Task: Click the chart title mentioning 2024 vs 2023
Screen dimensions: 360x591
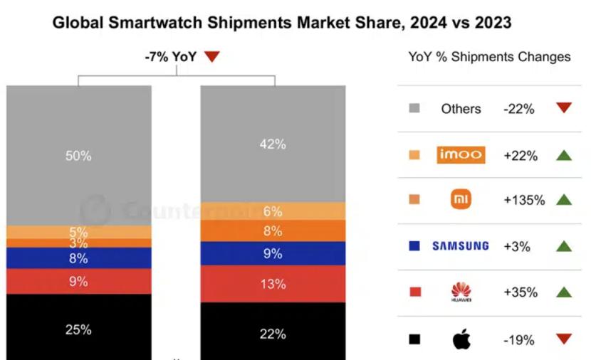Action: (x=282, y=23)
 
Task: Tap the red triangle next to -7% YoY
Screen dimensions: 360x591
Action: (x=211, y=57)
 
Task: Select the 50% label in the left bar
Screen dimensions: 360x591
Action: (x=78, y=156)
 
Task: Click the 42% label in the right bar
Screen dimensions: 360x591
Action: (x=273, y=144)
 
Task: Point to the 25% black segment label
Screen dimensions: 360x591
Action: (x=78, y=329)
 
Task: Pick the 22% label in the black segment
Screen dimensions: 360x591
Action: (x=273, y=334)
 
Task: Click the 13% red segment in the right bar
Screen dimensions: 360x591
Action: (x=273, y=284)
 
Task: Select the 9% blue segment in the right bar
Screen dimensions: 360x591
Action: (x=273, y=253)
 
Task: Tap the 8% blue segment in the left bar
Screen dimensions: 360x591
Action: (x=78, y=258)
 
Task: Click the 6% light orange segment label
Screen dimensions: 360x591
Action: (x=273, y=211)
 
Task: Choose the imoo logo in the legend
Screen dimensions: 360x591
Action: (x=461, y=154)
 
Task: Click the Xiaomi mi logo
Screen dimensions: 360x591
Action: (x=461, y=200)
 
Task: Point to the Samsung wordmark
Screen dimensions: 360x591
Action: (x=461, y=246)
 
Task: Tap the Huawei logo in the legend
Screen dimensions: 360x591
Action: (x=461, y=292)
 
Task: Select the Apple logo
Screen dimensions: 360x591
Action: (x=461, y=339)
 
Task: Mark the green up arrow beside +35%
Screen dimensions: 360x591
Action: (x=564, y=292)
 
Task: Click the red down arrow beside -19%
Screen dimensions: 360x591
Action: (x=564, y=339)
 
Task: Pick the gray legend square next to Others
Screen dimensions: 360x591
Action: (x=414, y=108)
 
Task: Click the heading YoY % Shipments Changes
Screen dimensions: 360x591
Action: (x=489, y=57)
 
